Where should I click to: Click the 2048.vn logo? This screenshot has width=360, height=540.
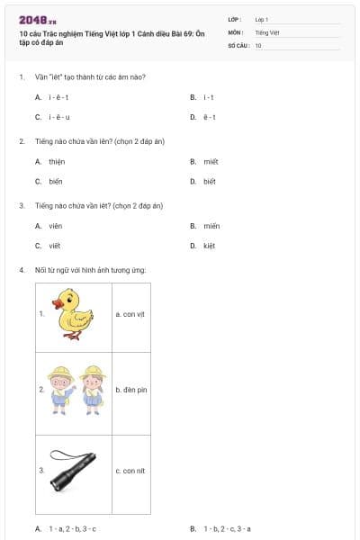37,20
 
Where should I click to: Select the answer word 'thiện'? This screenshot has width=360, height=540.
57,162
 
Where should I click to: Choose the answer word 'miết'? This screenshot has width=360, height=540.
211,162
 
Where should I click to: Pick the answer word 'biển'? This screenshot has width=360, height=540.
56,181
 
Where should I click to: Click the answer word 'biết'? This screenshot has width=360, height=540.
210,181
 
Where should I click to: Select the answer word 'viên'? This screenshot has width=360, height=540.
56,226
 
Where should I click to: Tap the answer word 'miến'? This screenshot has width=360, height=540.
211,226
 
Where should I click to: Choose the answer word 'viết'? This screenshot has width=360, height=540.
55,245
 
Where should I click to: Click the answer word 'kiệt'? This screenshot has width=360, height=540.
210,245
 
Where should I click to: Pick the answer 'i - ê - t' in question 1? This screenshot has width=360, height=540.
58,97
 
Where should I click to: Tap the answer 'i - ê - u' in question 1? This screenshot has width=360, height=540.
58,117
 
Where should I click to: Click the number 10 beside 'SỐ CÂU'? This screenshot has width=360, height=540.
259,45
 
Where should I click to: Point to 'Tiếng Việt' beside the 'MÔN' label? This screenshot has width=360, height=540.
265,31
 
